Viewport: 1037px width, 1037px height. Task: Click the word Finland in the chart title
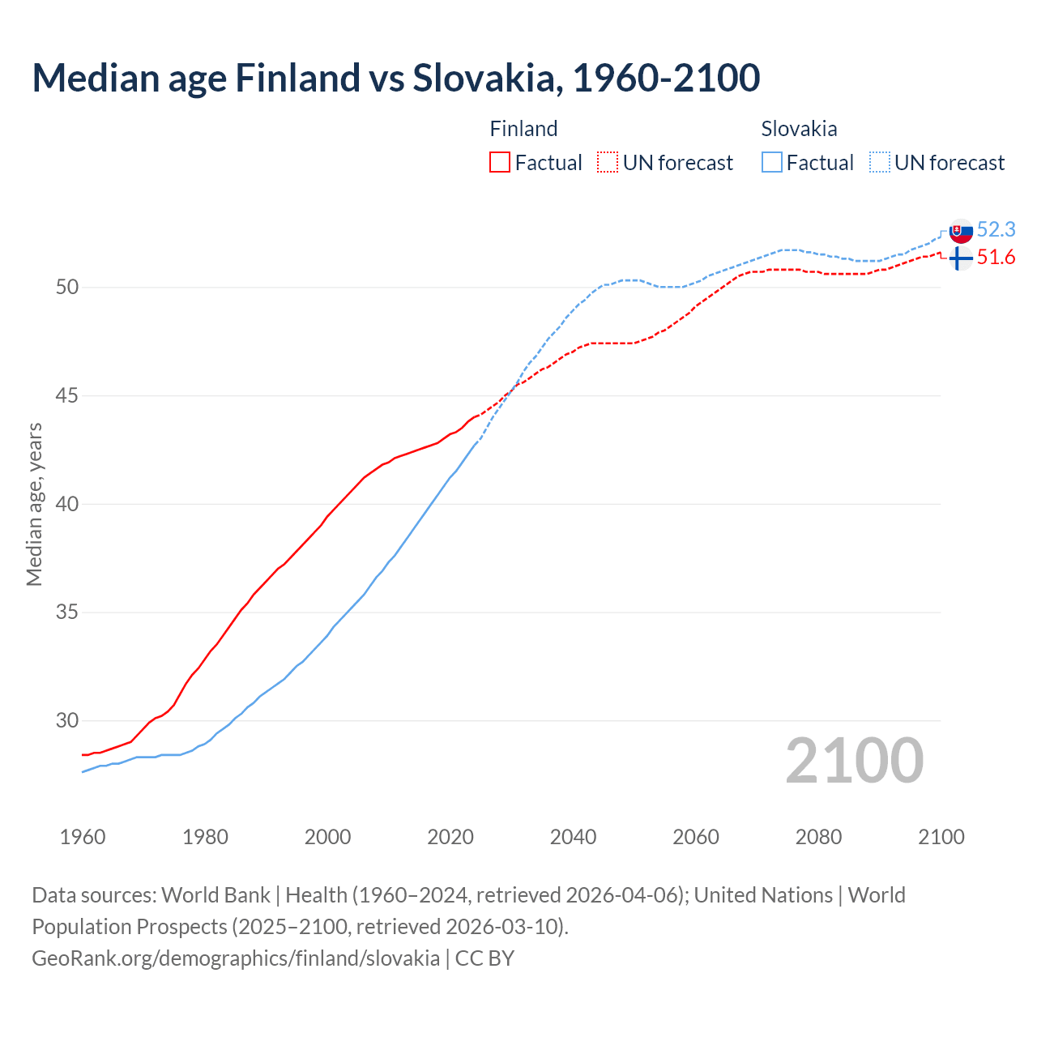pyautogui.click(x=297, y=78)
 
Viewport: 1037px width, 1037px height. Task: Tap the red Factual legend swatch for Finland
pyautogui.click(x=500, y=162)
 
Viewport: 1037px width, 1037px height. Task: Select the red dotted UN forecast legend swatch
pyautogui.click(x=608, y=162)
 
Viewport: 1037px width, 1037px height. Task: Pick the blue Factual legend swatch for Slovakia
pyautogui.click(x=772, y=162)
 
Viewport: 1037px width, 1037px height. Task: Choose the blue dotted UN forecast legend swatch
pyautogui.click(x=880, y=162)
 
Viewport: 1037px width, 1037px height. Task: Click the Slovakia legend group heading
pyautogui.click(x=799, y=129)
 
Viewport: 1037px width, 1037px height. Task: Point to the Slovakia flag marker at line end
pyautogui.click(x=961, y=231)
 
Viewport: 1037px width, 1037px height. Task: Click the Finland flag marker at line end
pyautogui.click(x=961, y=258)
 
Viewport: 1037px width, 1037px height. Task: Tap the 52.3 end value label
pyautogui.click(x=996, y=230)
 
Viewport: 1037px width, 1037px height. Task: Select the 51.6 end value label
pyautogui.click(x=996, y=258)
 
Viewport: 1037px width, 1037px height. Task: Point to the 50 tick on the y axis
pyautogui.click(x=67, y=288)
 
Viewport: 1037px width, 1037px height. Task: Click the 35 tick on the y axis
pyautogui.click(x=67, y=612)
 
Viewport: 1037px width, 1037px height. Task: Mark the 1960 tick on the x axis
pyautogui.click(x=83, y=837)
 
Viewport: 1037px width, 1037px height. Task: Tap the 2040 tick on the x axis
pyautogui.click(x=573, y=837)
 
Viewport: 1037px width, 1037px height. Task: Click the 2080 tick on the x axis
pyautogui.click(x=818, y=837)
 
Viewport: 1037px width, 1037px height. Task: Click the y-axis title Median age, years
pyautogui.click(x=34, y=504)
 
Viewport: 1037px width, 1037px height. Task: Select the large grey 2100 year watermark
pyautogui.click(x=854, y=761)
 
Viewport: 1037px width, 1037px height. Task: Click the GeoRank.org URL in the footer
pyautogui.click(x=235, y=958)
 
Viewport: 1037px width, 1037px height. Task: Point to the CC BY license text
pyautogui.click(x=484, y=958)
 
